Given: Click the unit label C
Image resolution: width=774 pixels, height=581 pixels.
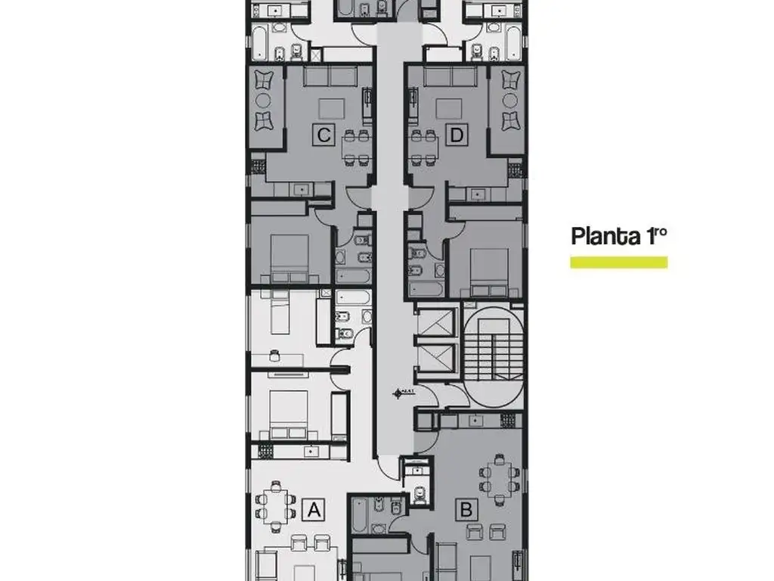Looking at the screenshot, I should point(324,135).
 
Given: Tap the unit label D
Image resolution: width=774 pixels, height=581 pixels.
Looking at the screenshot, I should point(456,135).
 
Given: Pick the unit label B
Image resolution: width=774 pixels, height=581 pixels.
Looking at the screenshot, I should point(466,510).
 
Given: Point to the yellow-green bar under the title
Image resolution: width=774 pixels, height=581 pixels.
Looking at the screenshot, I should point(618,263).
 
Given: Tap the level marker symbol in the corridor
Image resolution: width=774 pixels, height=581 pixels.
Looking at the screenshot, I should point(400,393).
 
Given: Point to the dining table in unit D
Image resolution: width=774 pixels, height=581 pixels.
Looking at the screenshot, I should point(424,147).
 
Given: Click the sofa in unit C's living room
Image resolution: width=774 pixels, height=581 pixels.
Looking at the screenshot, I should point(330,76).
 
